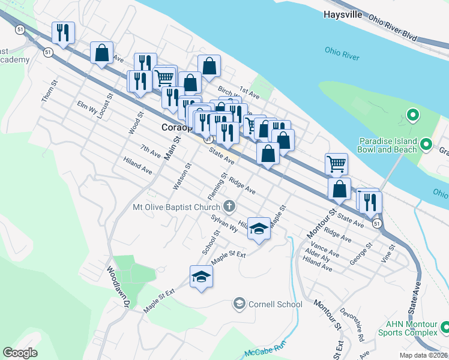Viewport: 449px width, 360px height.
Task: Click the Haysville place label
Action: click(x=343, y=14)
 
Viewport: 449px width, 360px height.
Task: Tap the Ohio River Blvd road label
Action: click(x=393, y=28)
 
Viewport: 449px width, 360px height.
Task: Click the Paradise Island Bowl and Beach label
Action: click(x=392, y=144)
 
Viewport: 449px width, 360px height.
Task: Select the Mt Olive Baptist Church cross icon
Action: click(x=229, y=207)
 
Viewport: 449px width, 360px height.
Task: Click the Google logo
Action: click(x=20, y=353)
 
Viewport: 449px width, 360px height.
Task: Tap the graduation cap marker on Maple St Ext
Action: click(x=201, y=277)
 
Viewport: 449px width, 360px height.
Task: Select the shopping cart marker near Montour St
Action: click(x=336, y=163)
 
